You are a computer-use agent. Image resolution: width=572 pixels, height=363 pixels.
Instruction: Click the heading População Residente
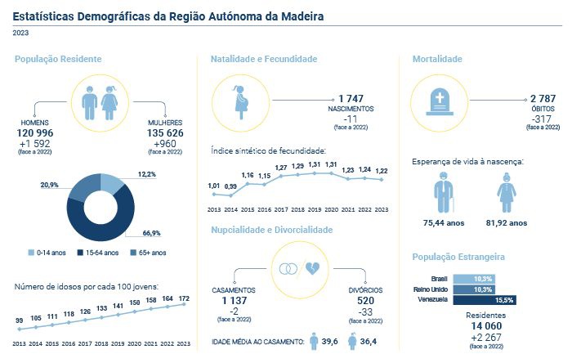58,60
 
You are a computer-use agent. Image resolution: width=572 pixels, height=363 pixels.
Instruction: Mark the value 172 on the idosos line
185,298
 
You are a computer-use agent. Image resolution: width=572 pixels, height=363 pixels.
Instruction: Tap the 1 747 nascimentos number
351,98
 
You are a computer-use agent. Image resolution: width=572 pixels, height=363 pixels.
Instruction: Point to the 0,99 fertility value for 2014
231,186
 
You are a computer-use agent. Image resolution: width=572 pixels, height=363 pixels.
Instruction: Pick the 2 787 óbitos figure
543,98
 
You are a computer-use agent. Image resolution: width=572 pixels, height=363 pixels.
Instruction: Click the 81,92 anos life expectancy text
507,222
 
